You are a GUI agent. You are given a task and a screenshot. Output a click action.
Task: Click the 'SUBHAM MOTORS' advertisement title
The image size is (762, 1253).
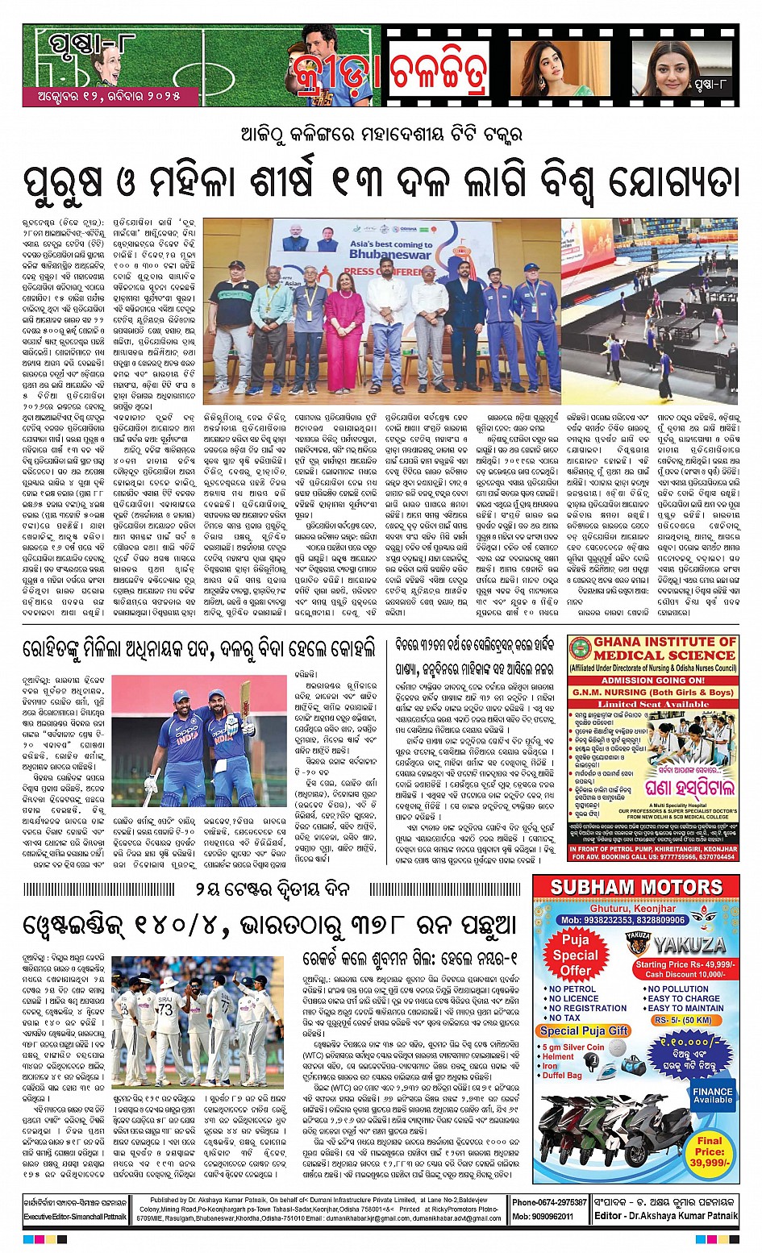[635, 888]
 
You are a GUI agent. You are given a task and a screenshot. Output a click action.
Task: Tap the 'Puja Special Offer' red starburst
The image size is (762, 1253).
[576, 955]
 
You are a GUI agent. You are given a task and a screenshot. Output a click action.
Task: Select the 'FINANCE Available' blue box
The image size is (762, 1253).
[713, 1095]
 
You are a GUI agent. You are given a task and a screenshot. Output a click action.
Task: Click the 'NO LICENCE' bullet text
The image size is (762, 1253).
[573, 998]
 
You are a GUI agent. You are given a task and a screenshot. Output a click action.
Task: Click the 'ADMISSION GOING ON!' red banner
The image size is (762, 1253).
[653, 680]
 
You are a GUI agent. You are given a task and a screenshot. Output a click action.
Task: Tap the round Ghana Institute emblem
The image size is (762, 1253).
[580, 648]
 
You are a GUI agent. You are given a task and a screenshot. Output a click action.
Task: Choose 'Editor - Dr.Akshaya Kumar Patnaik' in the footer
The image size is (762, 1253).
[665, 1216]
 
